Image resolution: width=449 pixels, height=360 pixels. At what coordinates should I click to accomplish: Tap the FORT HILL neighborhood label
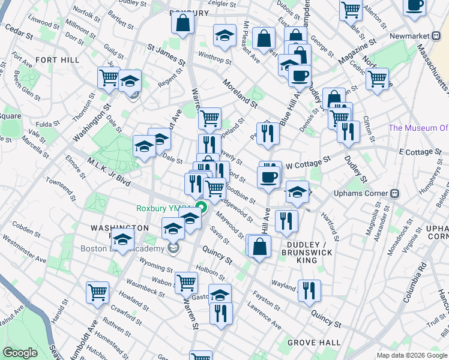pos(54,60)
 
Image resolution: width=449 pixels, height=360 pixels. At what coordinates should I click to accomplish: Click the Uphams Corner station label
pos(361,194)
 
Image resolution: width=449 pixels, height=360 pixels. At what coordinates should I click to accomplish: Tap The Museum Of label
pos(418,128)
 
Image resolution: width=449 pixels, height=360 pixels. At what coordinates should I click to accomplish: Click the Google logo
pos(20,353)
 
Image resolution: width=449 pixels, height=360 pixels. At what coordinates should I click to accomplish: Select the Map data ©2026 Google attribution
pos(412,355)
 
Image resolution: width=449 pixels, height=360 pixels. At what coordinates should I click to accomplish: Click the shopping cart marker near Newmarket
pos(377,79)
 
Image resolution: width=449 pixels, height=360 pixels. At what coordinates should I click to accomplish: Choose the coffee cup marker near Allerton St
pos(414,5)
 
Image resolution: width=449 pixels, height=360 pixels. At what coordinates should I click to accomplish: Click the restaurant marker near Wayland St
pos(309,290)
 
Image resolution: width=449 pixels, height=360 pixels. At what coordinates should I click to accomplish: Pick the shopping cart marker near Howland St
pos(97,292)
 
